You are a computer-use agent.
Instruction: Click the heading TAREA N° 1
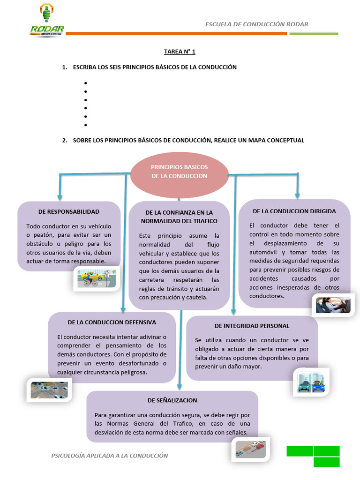click(x=180, y=51)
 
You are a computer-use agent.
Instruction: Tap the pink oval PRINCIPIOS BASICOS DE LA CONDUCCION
click(x=179, y=172)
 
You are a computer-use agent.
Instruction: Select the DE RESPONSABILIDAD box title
click(x=69, y=212)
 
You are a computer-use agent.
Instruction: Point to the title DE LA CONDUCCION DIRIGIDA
click(x=294, y=211)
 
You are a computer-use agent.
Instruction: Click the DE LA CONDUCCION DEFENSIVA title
click(x=112, y=322)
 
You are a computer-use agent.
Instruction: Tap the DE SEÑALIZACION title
click(x=172, y=400)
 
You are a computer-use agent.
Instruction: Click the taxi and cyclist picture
click(x=97, y=278)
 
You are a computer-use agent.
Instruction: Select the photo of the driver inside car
click(x=333, y=305)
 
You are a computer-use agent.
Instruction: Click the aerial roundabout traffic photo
click(x=49, y=390)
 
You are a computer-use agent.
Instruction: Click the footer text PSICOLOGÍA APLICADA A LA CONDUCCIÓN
click(x=109, y=456)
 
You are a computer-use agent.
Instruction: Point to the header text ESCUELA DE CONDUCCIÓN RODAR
click(x=256, y=24)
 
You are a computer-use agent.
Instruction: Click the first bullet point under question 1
click(x=86, y=83)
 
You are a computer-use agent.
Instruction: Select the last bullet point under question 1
click(x=86, y=125)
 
